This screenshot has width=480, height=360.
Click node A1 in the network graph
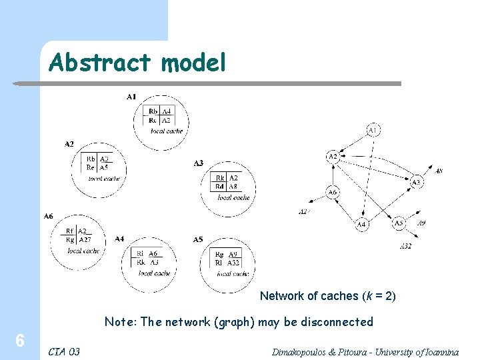coord(373,129)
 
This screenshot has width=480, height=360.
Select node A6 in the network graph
coord(332,193)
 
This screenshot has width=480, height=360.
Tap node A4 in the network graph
coord(361,225)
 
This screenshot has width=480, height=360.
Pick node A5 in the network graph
coord(398,223)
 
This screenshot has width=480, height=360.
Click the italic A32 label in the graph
coord(405,247)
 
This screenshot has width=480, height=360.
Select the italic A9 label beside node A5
coord(421,223)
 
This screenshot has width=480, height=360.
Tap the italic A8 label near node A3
coord(438,171)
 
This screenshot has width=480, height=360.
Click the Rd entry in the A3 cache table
coord(220,187)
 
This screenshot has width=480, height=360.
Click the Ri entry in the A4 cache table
coord(140,254)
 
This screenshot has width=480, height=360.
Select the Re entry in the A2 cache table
coord(90,167)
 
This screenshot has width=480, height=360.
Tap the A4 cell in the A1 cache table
coord(167,111)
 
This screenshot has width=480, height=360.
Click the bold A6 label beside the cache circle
coord(48,217)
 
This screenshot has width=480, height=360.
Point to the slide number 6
coord(20,341)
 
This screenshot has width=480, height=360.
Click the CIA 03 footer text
coord(64,351)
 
